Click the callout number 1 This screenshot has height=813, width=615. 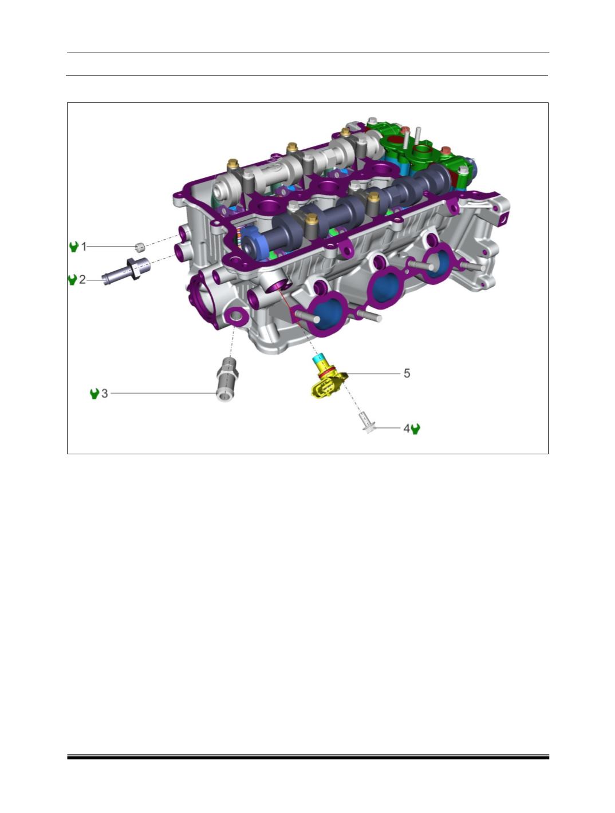point(84,247)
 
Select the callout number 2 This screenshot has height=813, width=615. point(82,280)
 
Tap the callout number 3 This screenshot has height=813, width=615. point(105,394)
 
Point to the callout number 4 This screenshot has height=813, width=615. point(407,429)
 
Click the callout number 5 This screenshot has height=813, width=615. point(407,374)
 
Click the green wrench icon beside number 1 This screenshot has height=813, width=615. point(74,247)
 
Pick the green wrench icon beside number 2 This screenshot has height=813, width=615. point(72,280)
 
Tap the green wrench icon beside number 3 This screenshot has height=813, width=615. point(94,394)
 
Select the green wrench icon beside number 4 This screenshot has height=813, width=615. point(416,429)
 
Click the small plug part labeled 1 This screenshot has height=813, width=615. point(139,247)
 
